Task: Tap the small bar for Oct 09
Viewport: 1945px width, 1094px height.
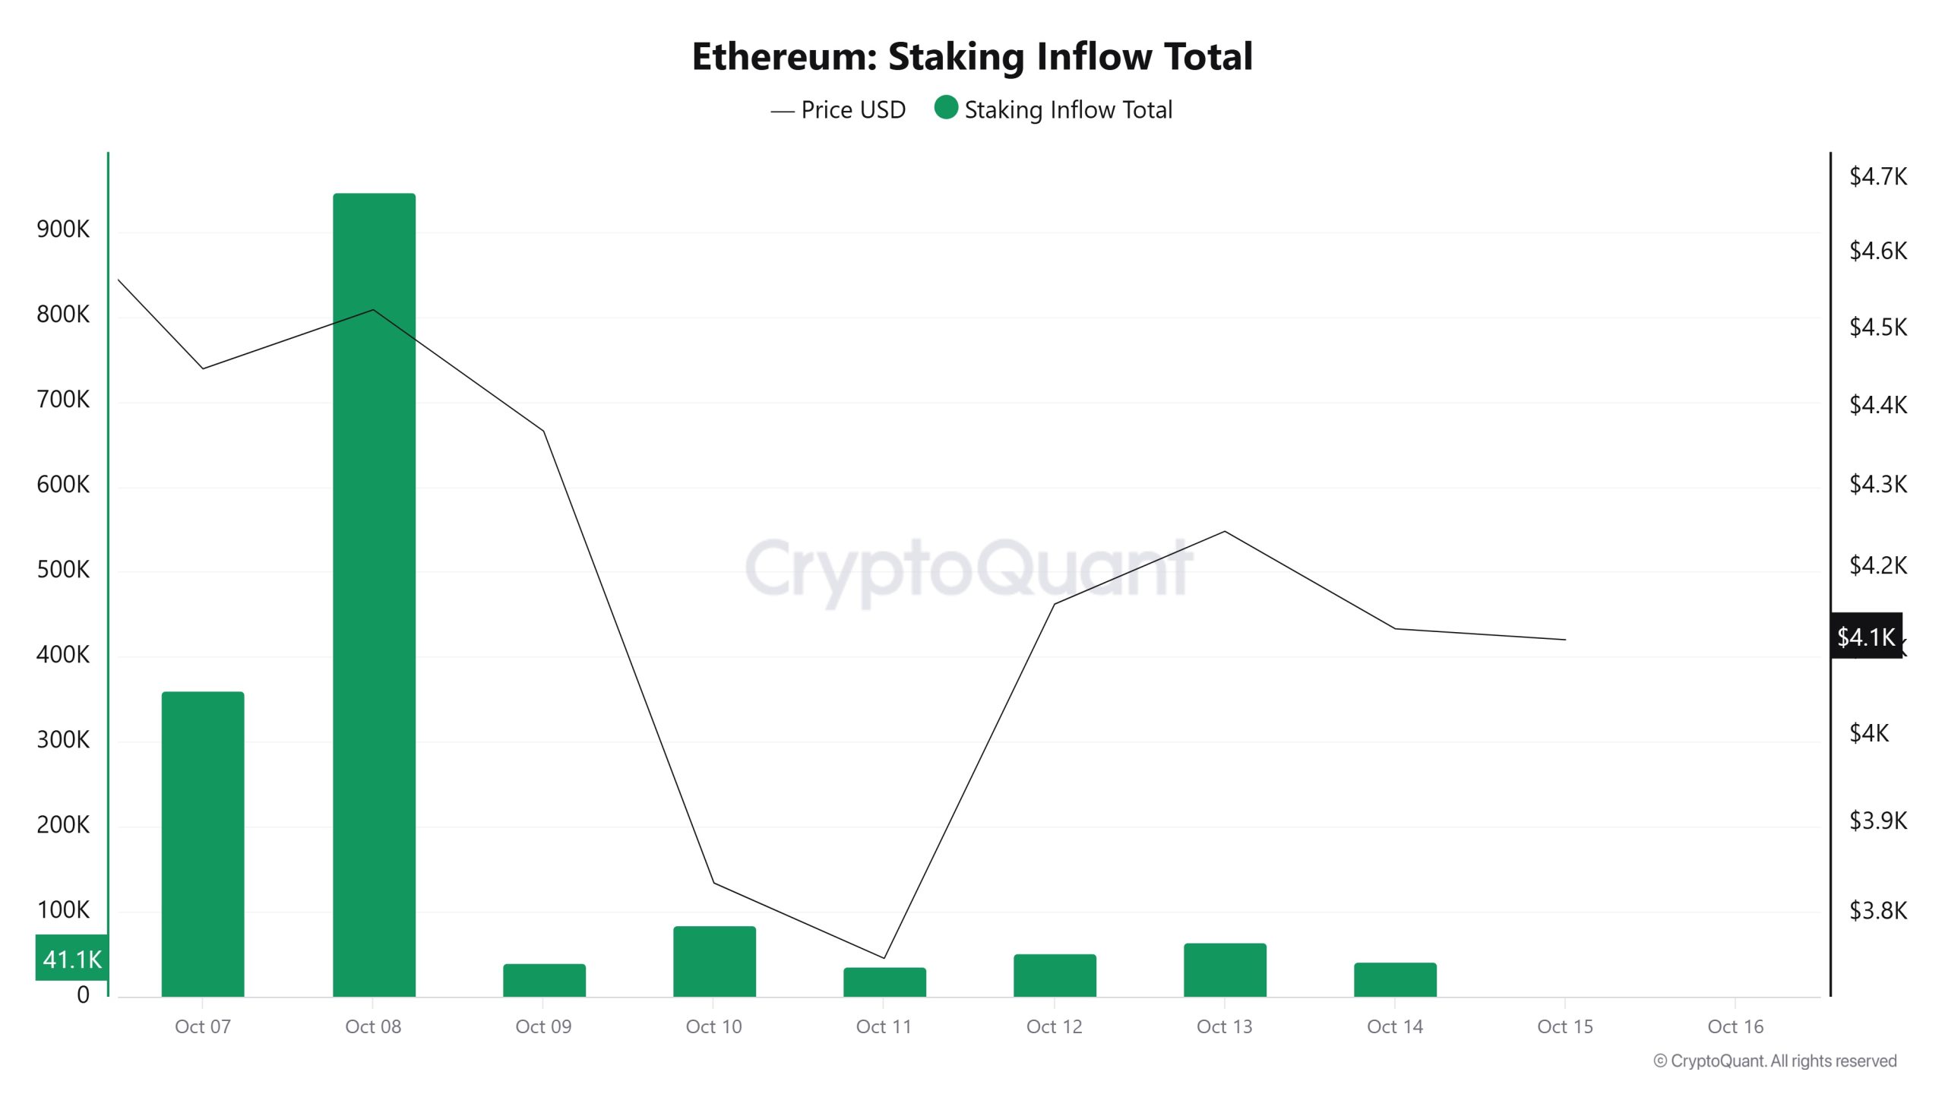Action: pyautogui.click(x=544, y=980)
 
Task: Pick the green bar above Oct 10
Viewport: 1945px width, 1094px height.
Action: pyautogui.click(x=714, y=961)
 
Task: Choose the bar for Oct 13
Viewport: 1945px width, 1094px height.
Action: pyautogui.click(x=1225, y=969)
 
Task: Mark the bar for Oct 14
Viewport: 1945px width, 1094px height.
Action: pyautogui.click(x=1395, y=979)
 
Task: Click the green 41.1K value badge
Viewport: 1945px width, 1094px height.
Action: pyautogui.click(x=71, y=959)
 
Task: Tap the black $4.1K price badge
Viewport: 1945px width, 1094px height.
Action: pyautogui.click(x=1866, y=637)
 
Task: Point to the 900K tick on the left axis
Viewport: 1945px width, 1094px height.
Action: pyautogui.click(x=63, y=229)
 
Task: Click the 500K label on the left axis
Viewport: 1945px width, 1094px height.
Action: pyautogui.click(x=63, y=570)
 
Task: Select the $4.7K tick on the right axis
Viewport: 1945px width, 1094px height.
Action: pyautogui.click(x=1877, y=177)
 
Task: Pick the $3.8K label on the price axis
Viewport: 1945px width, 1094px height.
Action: pyautogui.click(x=1877, y=910)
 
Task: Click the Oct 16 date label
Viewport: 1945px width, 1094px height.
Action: pyautogui.click(x=1735, y=1027)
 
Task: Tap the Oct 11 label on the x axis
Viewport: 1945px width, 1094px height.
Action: pyautogui.click(x=884, y=1027)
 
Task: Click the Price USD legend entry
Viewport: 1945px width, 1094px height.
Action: pyautogui.click(x=839, y=110)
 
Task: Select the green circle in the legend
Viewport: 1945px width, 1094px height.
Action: pyautogui.click(x=946, y=108)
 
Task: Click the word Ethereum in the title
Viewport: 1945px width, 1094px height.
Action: pyautogui.click(x=783, y=57)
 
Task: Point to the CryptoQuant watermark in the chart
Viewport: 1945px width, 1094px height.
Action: pyautogui.click(x=969, y=570)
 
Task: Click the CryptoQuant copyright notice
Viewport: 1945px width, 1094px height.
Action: pyautogui.click(x=1775, y=1061)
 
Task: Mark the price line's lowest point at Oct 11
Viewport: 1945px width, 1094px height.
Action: pyautogui.click(x=884, y=958)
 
